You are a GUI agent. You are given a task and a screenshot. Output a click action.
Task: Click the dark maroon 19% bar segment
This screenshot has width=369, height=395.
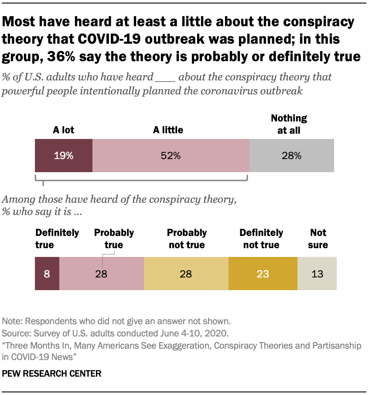tap(64, 156)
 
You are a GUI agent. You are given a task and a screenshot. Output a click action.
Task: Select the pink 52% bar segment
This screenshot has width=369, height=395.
tap(171, 156)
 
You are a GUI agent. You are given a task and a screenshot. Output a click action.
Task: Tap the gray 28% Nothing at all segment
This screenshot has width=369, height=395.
tap(291, 156)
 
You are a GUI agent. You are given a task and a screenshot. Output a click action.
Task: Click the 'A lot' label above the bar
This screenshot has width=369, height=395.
tap(64, 130)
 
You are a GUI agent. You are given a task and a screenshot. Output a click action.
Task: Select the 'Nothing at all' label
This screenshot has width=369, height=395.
tap(289, 124)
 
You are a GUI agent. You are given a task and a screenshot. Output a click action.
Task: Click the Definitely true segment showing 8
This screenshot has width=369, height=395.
tap(47, 274)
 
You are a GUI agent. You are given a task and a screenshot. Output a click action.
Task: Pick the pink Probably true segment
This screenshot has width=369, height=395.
tap(102, 274)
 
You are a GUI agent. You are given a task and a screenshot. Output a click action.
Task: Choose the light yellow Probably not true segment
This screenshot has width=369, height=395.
tap(186, 274)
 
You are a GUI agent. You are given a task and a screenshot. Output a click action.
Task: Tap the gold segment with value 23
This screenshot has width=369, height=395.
tap(263, 274)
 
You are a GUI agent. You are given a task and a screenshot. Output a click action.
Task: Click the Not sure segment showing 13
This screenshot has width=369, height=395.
tap(317, 274)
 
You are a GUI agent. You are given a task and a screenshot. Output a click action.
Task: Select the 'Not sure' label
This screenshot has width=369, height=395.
tap(318, 239)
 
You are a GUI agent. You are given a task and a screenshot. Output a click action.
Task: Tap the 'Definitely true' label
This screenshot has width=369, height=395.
tap(57, 239)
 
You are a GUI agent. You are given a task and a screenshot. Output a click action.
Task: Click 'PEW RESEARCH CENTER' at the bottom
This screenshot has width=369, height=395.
tap(52, 374)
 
